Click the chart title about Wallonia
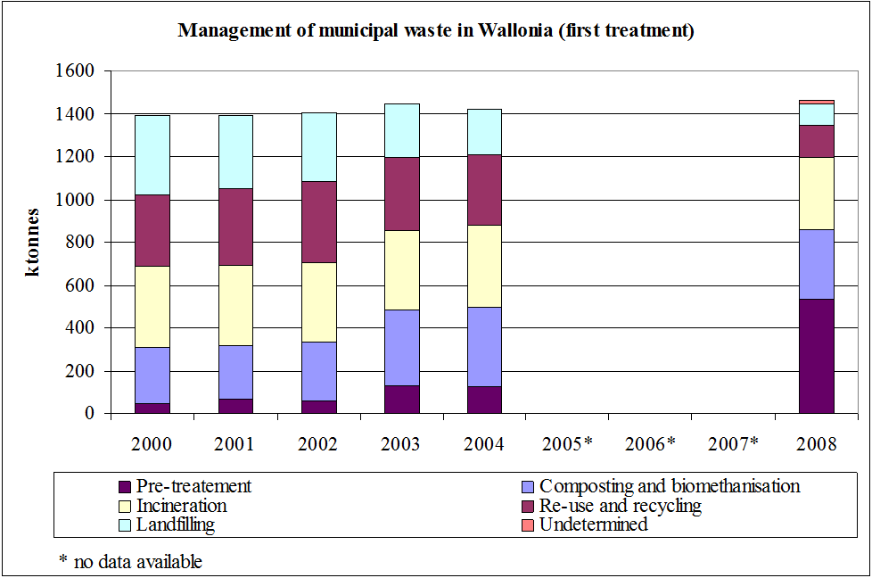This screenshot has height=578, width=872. pos(436,31)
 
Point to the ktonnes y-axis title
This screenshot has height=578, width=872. pos(32,243)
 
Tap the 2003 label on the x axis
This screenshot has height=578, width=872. pos(401,443)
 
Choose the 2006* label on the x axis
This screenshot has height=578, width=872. pos(650,443)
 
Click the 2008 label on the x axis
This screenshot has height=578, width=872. pos(816,443)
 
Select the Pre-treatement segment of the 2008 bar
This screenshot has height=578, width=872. pos(816,356)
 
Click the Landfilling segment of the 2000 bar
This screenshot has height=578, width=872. pos(152,155)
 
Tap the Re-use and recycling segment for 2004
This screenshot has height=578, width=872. pos(484,190)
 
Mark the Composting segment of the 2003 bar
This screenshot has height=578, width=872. pos(401,348)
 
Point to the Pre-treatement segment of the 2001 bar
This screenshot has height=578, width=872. pos(235,406)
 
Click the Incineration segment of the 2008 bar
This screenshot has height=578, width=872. pos(816,193)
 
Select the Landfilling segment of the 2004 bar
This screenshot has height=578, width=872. pos(484,132)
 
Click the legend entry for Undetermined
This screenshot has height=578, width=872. pos(593,525)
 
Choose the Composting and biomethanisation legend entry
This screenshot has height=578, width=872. pos(669,486)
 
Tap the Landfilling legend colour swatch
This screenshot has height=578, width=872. pos(125,525)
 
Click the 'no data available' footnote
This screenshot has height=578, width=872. pos(130,561)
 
